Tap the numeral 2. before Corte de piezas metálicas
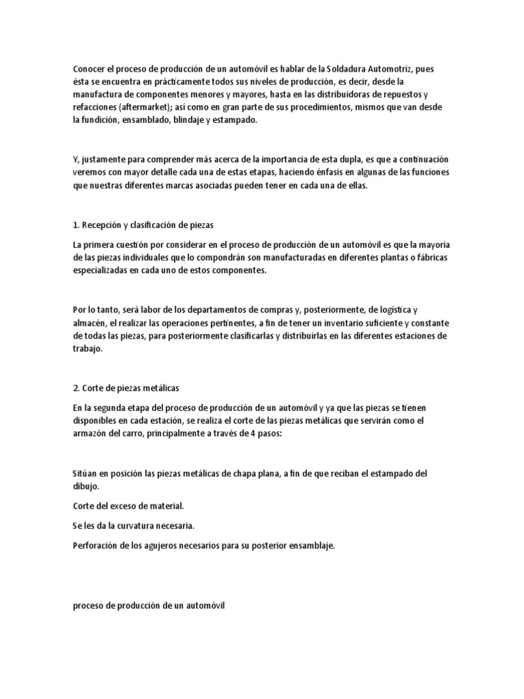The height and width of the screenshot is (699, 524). coord(76,388)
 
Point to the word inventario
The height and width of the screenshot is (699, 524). coord(327,322)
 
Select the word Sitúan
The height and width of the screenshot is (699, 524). coord(85,473)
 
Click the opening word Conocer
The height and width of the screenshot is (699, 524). coord(90,68)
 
